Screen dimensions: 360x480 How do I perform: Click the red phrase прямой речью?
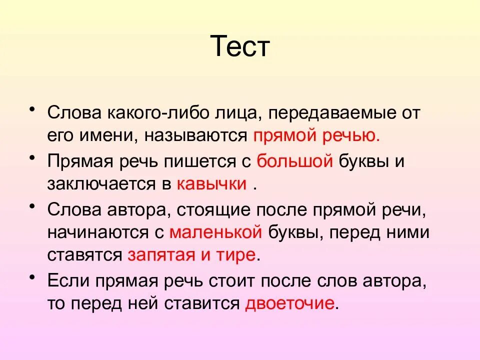(x=317, y=135)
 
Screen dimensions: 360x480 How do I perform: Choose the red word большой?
(x=294, y=161)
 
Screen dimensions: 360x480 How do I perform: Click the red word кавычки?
(x=211, y=183)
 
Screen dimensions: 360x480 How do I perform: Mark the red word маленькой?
(x=216, y=232)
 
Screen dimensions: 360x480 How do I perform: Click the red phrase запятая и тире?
(x=192, y=254)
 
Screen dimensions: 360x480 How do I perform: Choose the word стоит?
(x=263, y=280)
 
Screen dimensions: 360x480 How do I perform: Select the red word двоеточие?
(x=289, y=303)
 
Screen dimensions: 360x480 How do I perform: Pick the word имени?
(x=103, y=135)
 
